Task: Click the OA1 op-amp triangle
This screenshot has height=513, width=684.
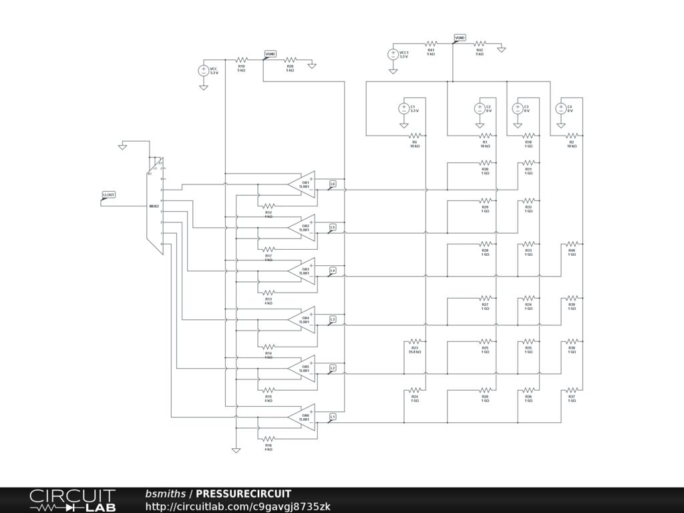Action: [x=303, y=184]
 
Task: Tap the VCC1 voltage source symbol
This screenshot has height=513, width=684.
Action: [x=393, y=54]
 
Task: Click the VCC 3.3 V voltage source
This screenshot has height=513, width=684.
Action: [x=204, y=69]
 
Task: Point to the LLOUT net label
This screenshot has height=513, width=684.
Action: [x=108, y=195]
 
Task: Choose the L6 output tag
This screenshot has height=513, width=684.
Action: [x=333, y=184]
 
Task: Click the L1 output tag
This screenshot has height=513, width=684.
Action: [x=333, y=416]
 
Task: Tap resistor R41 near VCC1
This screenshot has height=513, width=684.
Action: [x=431, y=44]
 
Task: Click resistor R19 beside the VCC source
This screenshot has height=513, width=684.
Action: [x=241, y=61]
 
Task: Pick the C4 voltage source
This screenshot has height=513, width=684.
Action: [x=561, y=108]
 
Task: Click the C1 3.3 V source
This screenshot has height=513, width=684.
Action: [x=404, y=108]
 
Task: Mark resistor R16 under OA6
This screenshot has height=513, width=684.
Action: [x=268, y=439]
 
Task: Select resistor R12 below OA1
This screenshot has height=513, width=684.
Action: [x=268, y=206]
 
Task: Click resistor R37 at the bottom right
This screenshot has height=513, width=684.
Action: [x=572, y=389]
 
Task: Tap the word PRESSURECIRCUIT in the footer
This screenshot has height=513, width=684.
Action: [x=243, y=494]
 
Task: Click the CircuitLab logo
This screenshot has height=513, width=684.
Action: [x=72, y=500]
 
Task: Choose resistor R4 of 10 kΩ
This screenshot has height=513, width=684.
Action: [x=414, y=136]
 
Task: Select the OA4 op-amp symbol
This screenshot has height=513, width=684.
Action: [x=303, y=319]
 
